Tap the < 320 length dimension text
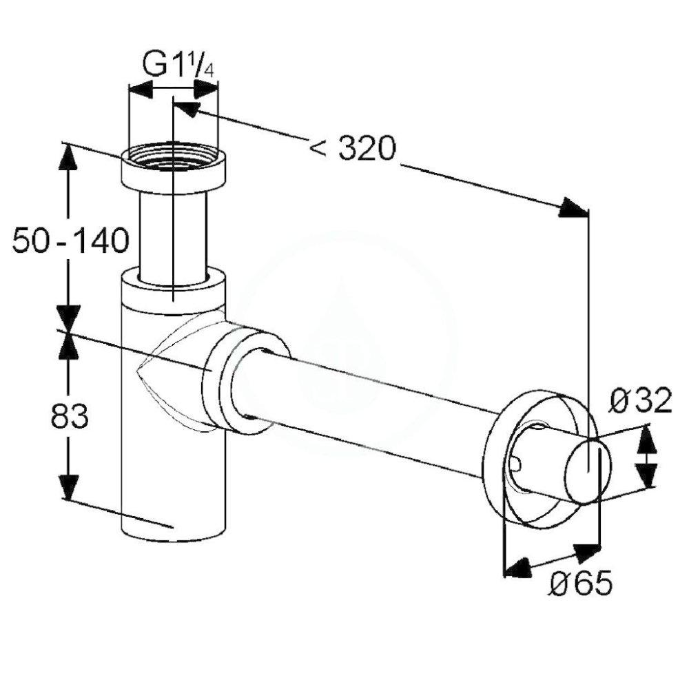[352, 147]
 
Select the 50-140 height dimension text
[70, 241]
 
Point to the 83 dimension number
[70, 416]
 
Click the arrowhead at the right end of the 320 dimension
[573, 207]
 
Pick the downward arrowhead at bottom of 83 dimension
[68, 486]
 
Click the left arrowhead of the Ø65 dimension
[517, 567]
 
